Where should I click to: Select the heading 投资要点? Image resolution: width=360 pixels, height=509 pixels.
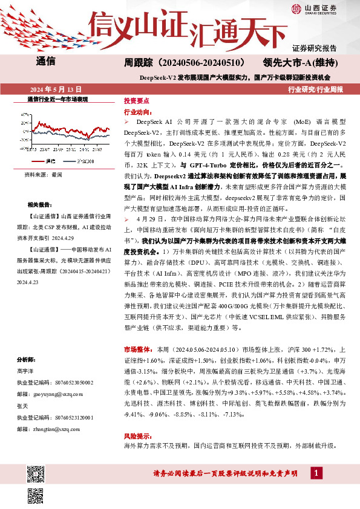[136, 102]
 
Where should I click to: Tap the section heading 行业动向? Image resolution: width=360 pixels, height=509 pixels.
[136, 112]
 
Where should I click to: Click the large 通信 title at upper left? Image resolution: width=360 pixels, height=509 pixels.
[46, 61]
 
